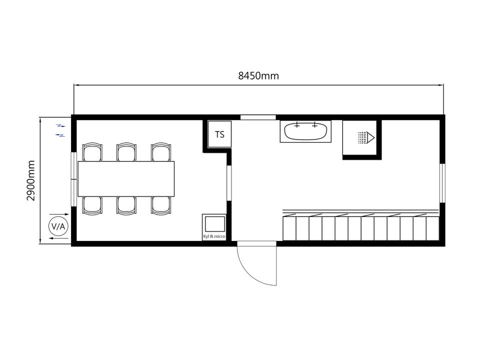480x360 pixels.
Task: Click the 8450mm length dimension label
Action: (x=258, y=75)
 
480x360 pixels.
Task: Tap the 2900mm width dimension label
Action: (x=31, y=180)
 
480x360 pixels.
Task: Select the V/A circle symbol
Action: (x=58, y=226)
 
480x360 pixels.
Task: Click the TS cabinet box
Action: (x=219, y=134)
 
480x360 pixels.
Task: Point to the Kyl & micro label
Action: (x=214, y=236)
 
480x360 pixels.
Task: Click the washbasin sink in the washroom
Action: (x=305, y=131)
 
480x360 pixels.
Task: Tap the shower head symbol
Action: (x=366, y=137)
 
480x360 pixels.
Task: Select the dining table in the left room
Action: (x=126, y=179)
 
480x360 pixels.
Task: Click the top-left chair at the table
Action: (x=92, y=152)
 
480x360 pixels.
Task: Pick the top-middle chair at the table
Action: (x=126, y=152)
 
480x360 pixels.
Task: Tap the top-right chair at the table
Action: (x=161, y=152)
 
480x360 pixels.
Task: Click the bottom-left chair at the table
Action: (x=92, y=205)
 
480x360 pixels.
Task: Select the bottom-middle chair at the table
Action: (x=126, y=205)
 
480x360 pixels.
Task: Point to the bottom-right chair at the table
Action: (x=161, y=205)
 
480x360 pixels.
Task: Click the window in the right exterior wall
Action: (x=442, y=183)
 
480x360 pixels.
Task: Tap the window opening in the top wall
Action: (x=258, y=117)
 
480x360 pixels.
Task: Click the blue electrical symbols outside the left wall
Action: (x=60, y=130)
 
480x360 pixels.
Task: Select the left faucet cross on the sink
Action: (x=296, y=125)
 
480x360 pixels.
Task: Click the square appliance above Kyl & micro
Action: (x=214, y=224)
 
